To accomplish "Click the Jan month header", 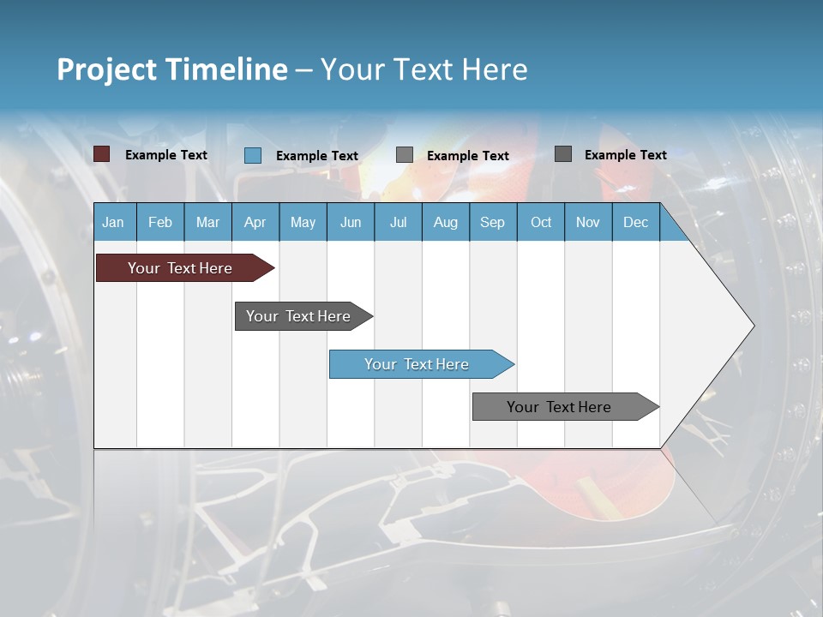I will coord(113,222).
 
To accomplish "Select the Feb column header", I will coord(160,222).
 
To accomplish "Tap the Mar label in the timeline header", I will coord(207,222).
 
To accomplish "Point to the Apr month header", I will coord(255,222).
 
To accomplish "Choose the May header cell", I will coord(303,222).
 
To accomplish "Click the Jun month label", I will coord(351,222).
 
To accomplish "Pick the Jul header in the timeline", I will coord(398,222).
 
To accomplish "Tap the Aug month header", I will coord(445,222).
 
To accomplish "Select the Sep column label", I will coord(492,222).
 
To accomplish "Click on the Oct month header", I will coord(541,222).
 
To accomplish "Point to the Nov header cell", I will coord(588,222).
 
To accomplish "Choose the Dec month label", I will coord(635,222).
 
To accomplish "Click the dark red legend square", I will coord(102,154).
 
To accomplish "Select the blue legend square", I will coord(253,155).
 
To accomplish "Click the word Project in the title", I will coord(106,69).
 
